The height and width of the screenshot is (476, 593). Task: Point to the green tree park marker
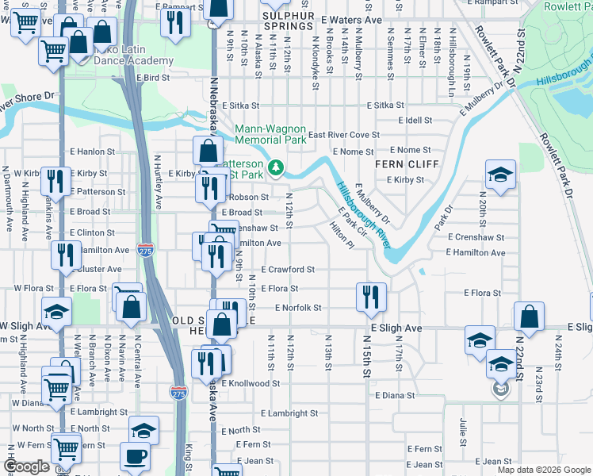point(275,167)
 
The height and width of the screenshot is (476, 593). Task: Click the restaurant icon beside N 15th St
point(371,297)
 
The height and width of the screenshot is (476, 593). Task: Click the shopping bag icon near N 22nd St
point(529,316)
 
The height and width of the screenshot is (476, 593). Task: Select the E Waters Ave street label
point(352,18)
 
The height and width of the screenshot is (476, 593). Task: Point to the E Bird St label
point(153,78)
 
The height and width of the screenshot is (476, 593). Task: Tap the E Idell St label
point(414,120)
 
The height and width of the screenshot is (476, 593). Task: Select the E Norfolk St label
point(297,308)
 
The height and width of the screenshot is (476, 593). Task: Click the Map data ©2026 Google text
point(543,470)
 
